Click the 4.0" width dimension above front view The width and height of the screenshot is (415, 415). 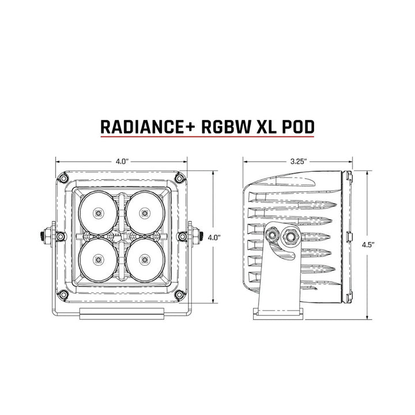[x=122, y=162]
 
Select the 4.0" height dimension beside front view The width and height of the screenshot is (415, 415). [x=214, y=236]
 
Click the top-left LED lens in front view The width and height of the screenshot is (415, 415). [x=99, y=214]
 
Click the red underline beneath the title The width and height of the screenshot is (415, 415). [x=207, y=138]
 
